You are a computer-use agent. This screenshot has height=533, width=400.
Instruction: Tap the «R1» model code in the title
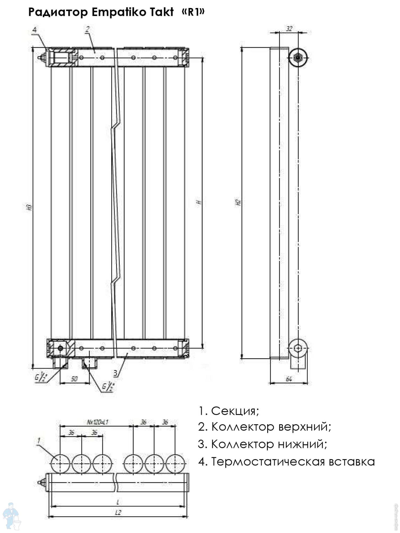point(193,12)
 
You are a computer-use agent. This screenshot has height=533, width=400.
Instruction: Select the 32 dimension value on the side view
point(289,29)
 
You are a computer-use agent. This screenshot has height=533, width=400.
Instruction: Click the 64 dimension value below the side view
point(289,379)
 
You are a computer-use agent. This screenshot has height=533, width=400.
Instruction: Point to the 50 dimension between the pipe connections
point(74,379)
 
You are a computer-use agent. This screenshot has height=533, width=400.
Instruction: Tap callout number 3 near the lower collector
point(115,373)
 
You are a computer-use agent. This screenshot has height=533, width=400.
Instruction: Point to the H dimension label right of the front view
point(199,202)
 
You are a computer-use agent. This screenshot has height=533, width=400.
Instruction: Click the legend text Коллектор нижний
point(262,444)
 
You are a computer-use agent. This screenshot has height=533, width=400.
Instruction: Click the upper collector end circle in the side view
point(298,58)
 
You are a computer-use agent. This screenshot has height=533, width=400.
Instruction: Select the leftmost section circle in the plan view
point(60,464)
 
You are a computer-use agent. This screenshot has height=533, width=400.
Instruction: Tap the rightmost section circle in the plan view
point(175,464)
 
